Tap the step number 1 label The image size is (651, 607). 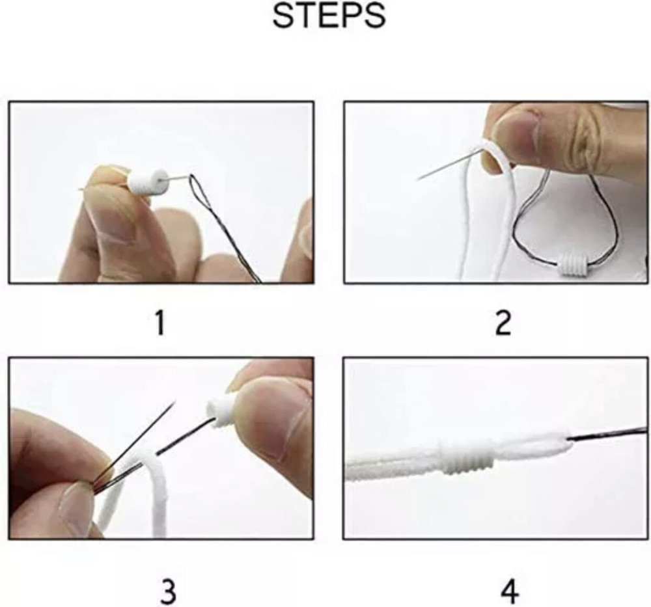coord(159,323)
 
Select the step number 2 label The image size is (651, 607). coord(503,323)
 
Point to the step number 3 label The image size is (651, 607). coord(167,592)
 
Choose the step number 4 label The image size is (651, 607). coord(510,592)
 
